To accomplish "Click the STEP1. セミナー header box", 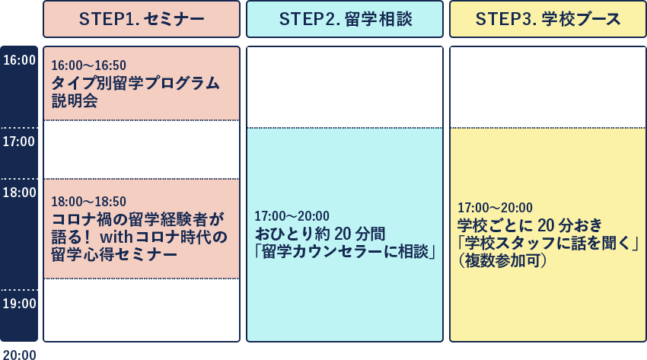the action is click(142, 19).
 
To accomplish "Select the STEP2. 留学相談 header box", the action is click(345, 19).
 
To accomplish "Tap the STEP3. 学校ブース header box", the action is click(548, 19).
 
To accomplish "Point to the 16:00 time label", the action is click(19, 60).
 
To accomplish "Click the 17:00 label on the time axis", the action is click(19, 142).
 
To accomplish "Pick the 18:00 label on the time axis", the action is click(19, 192).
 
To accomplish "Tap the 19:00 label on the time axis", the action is click(19, 304).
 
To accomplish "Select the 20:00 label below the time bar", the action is click(19, 355).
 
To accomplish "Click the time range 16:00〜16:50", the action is click(89, 65).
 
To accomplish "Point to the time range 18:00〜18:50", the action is click(89, 201).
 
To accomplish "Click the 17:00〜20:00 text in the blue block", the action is click(292, 215).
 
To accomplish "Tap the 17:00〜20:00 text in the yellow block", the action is click(496, 207).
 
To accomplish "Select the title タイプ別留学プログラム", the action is click(135, 83).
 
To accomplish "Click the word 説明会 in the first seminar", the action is click(75, 100).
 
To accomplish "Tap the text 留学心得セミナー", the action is click(114, 254).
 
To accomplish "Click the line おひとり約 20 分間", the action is click(320, 234).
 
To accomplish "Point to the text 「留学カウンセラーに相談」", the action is click(346, 252).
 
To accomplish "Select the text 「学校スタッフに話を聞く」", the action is click(548, 243).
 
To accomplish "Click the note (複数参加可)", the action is click(502, 260).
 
